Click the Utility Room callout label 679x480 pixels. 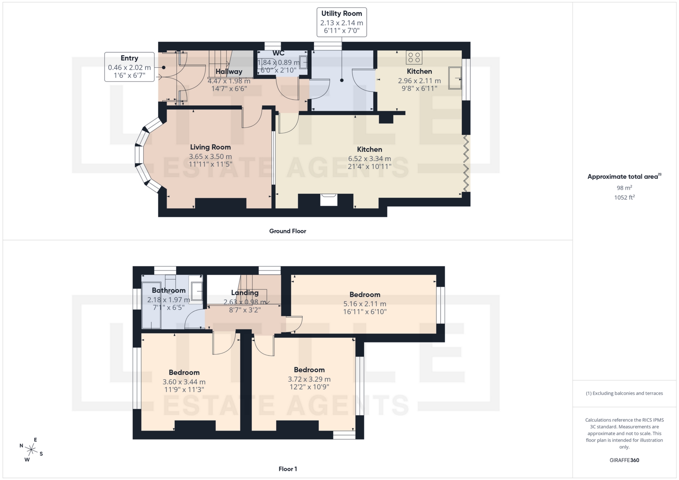click(x=342, y=22)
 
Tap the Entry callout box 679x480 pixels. click(x=129, y=67)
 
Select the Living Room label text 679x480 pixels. click(x=210, y=147)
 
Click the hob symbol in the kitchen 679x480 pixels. click(x=414, y=57)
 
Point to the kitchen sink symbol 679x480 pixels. click(x=455, y=78)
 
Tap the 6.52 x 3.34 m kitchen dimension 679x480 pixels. click(x=370, y=159)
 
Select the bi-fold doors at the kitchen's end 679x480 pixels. click(x=466, y=163)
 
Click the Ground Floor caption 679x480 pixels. click(x=288, y=231)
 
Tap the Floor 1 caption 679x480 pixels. click(x=288, y=469)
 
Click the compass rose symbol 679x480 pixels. click(x=31, y=450)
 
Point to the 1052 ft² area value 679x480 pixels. click(x=624, y=198)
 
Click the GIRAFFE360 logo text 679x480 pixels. click(x=624, y=460)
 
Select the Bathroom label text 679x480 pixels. click(x=169, y=291)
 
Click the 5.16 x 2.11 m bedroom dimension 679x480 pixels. click(x=365, y=304)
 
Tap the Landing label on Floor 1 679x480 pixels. click(x=245, y=293)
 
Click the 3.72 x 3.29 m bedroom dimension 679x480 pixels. click(x=309, y=379)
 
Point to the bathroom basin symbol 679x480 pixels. click(x=197, y=291)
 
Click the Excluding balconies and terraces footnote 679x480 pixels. click(x=624, y=393)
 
